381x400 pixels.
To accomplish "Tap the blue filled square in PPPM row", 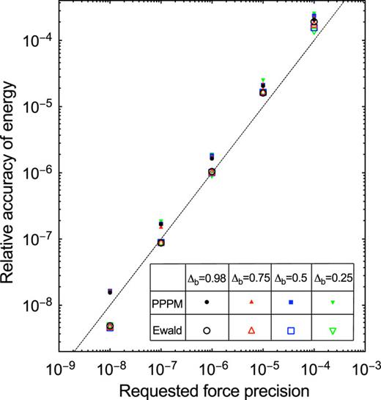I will pos(291,302).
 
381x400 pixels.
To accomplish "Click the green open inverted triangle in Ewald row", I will pos(333,331).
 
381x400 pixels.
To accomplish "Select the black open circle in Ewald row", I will pos(207,331).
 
